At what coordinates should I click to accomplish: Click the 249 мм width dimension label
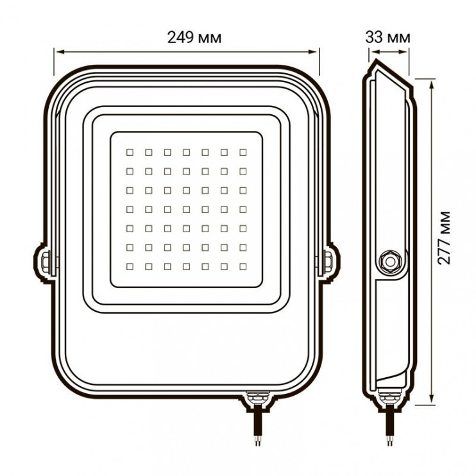(195, 37)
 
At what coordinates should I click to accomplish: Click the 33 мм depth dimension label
(388, 37)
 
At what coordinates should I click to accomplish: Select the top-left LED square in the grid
(129, 152)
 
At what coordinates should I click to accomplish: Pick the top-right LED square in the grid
(243, 152)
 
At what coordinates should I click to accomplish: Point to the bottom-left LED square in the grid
(129, 266)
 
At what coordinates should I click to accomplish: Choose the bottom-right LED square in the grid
(243, 266)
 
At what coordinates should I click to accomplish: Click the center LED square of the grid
(186, 209)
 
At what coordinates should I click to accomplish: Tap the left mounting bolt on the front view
(45, 262)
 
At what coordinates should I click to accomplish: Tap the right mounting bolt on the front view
(327, 262)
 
